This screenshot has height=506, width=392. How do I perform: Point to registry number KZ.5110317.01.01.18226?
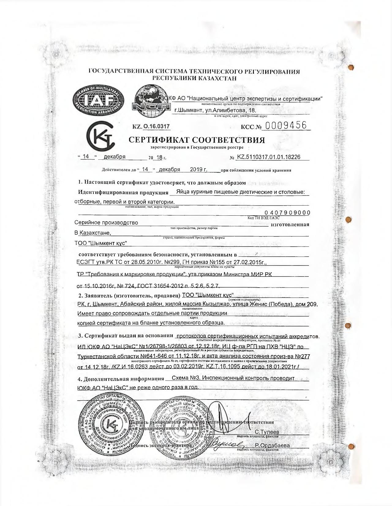pyautogui.click(x=269, y=157)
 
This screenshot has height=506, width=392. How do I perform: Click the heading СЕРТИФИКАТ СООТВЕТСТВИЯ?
pyautogui.click(x=197, y=140)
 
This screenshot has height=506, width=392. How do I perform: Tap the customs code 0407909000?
pyautogui.click(x=287, y=213)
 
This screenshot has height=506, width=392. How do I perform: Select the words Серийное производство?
pyautogui.click(x=106, y=222)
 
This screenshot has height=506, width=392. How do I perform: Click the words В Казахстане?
pyautogui.click(x=93, y=233)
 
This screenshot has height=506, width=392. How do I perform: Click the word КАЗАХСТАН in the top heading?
pyautogui.click(x=218, y=78)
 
